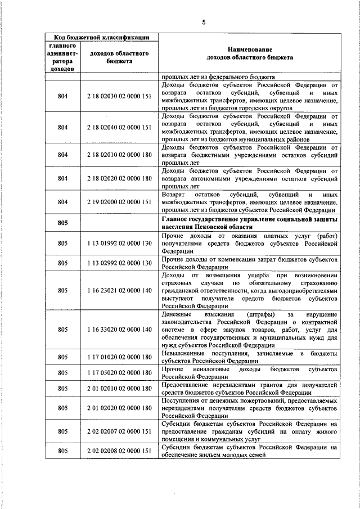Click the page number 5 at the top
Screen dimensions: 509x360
204,22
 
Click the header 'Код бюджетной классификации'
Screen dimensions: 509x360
101,38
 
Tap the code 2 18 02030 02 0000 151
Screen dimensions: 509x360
119,96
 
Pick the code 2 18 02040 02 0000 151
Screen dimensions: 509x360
119,127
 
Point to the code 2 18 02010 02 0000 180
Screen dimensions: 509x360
119,155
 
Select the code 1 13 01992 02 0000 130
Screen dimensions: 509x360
119,242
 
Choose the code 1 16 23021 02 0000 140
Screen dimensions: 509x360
119,290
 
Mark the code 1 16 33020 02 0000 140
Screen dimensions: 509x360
119,329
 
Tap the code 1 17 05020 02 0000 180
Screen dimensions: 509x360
119,372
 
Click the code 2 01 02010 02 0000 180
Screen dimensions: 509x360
119,388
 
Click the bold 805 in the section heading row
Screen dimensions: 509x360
62,223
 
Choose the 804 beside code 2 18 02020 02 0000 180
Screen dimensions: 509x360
62,178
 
